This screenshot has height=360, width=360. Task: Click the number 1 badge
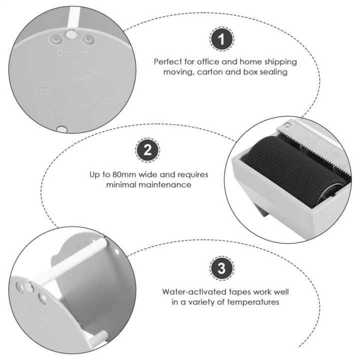[x=221, y=39]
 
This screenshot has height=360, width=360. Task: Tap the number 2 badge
[x=147, y=150]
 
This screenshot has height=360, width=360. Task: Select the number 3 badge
[x=221, y=268]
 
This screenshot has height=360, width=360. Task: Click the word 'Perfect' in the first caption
[x=168, y=62]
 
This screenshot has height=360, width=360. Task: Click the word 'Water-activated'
[x=195, y=292]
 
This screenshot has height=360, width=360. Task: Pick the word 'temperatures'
[x=253, y=302]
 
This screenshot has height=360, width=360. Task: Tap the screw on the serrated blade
[x=286, y=124]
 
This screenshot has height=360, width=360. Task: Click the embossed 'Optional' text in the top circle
[x=73, y=53]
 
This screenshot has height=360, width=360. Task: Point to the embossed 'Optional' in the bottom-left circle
[x=34, y=307]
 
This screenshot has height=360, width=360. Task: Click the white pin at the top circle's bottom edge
[x=61, y=129]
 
